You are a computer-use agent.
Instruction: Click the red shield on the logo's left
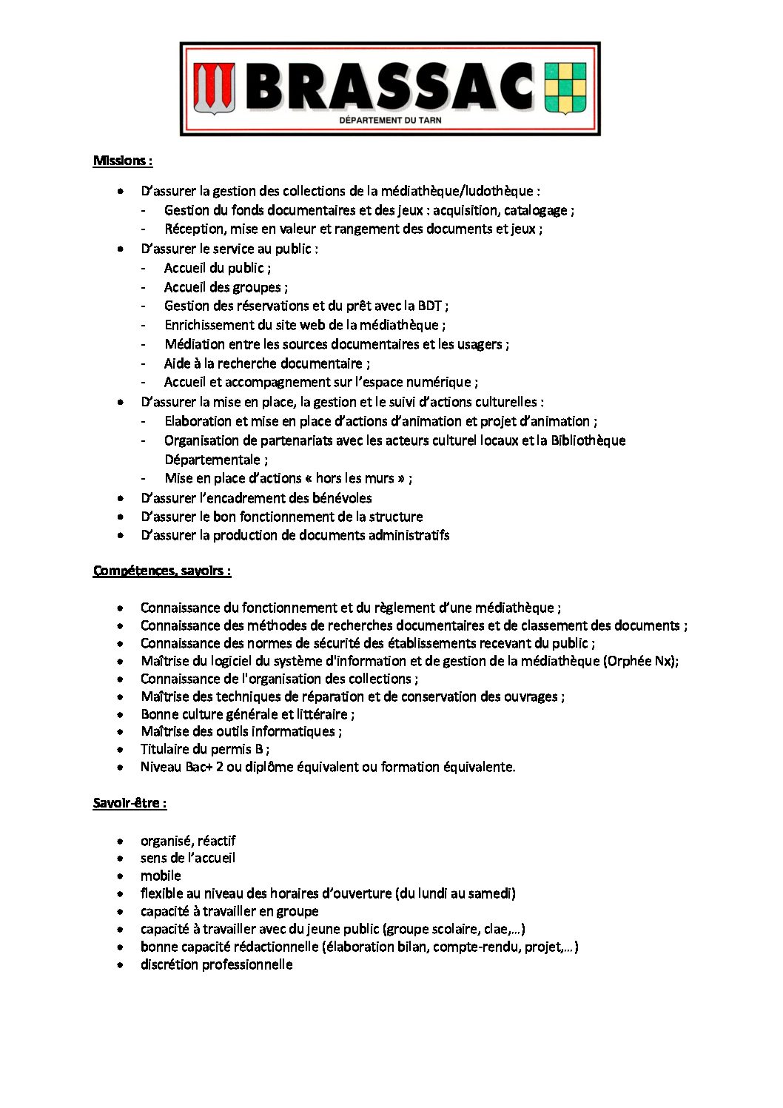pyautogui.click(x=215, y=87)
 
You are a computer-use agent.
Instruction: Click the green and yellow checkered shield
pyautogui.click(x=565, y=87)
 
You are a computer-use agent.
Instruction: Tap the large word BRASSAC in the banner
pyautogui.click(x=389, y=86)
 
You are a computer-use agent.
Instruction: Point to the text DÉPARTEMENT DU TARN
pyautogui.click(x=390, y=120)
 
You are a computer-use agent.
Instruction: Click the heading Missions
pyautogui.click(x=122, y=161)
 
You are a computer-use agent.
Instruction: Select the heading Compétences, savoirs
pyautogui.click(x=162, y=571)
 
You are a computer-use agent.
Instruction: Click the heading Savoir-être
pyautogui.click(x=130, y=803)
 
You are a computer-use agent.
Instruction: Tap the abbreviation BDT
pyautogui.click(x=430, y=306)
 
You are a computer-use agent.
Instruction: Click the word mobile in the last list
pyautogui.click(x=161, y=876)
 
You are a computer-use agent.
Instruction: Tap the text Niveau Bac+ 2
pyautogui.click(x=181, y=767)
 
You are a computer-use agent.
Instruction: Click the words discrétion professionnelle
pyautogui.click(x=216, y=964)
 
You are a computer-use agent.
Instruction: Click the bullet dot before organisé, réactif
pyautogui.click(x=120, y=842)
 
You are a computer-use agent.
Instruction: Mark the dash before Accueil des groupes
pyautogui.click(x=144, y=287)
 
